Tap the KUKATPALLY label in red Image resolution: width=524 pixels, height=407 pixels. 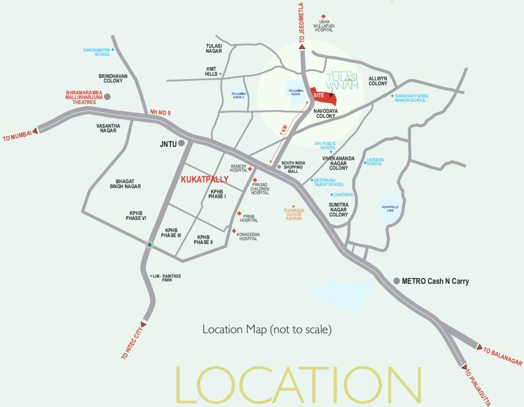pos(205,180)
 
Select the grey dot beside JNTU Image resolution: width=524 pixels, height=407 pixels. pos(181,143)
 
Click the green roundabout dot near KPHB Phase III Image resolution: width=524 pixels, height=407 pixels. pos(149,244)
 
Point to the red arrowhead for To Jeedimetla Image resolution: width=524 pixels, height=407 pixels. pos(302,47)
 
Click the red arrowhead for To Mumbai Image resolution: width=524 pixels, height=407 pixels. pos(35,130)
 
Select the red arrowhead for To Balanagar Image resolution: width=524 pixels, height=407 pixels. pos(479,348)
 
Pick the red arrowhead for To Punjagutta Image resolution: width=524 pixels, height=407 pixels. pos(464,367)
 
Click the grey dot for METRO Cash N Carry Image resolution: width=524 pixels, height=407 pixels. pos(397,281)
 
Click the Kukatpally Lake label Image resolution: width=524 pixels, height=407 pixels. pos(390,208)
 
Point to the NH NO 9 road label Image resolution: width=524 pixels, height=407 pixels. pos(161,112)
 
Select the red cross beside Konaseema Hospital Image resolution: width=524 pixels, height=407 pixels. pos(234,231)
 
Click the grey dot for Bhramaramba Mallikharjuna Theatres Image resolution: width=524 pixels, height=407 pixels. pos(108,97)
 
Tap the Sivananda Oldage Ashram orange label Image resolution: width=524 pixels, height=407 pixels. pos(294,214)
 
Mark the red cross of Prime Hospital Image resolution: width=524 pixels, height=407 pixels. pos(239,214)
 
